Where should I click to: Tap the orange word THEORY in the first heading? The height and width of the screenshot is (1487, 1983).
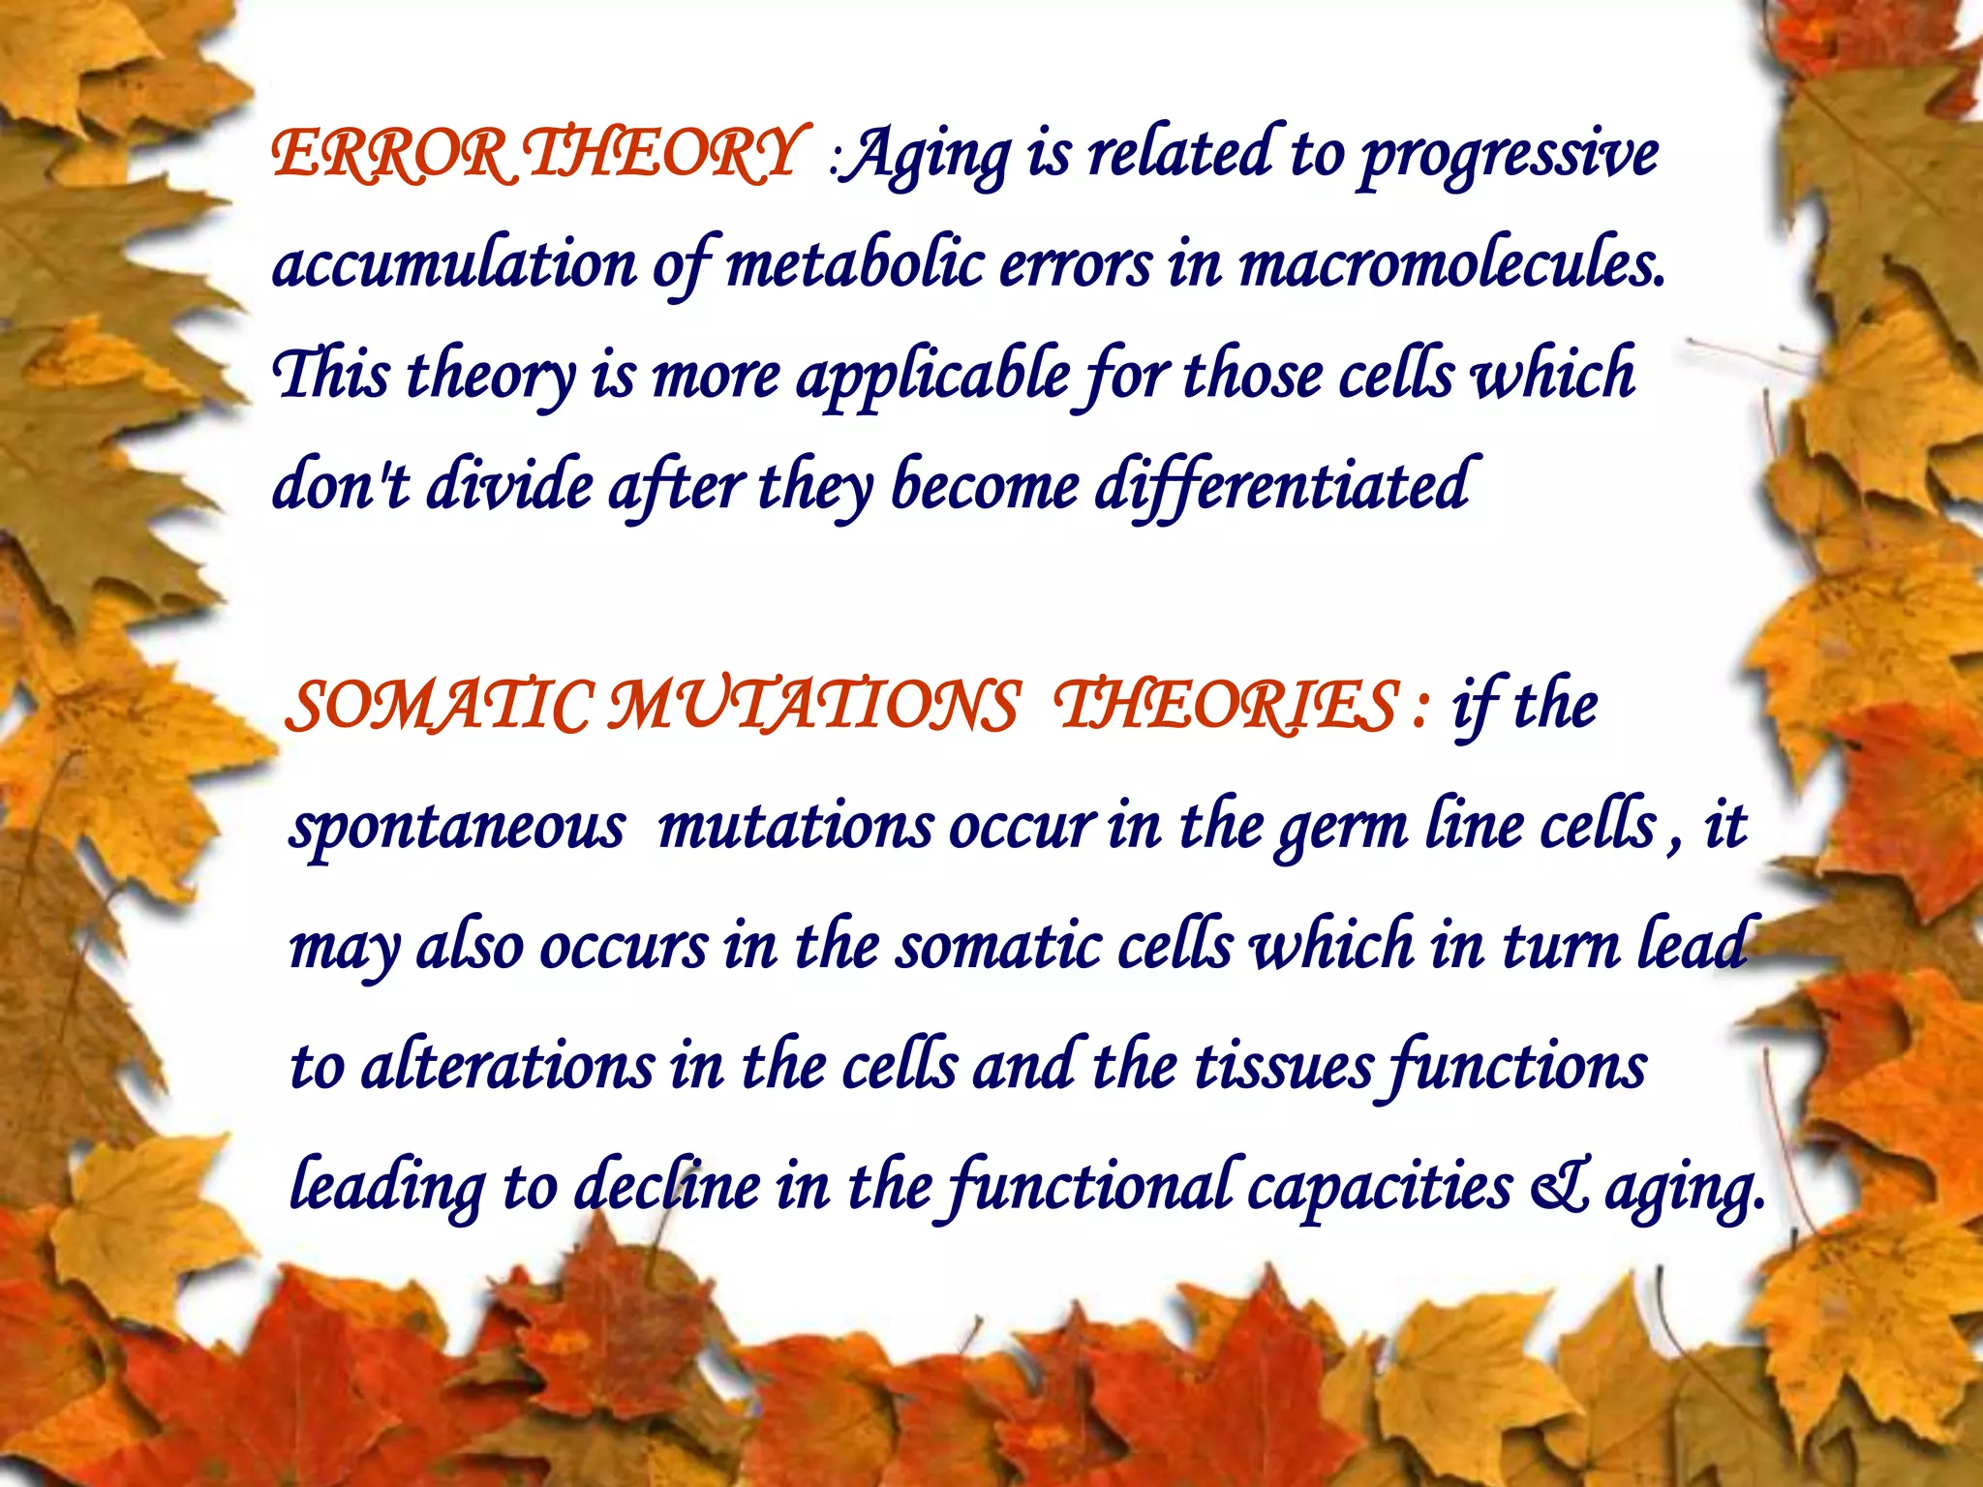point(663,155)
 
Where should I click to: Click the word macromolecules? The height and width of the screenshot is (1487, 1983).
point(1452,263)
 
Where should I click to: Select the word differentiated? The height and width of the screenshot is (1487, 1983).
point(1283,485)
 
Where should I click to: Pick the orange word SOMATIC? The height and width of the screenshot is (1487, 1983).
point(440,706)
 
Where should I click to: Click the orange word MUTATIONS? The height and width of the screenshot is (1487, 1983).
point(814,706)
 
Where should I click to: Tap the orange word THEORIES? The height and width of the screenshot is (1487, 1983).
point(1226,706)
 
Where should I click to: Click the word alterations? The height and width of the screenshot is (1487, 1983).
point(508,1067)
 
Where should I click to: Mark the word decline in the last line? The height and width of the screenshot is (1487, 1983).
point(668,1187)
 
